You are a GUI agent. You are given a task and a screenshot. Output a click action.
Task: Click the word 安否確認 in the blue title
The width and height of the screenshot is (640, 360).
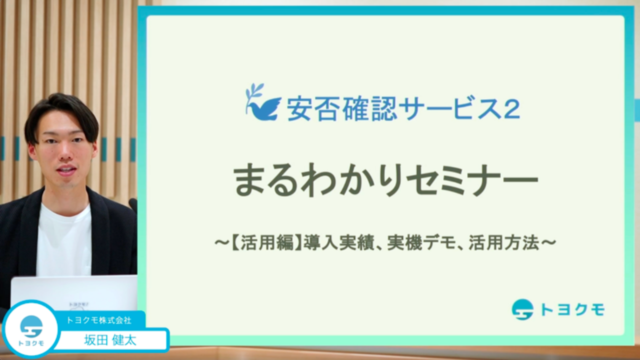(x=341, y=109)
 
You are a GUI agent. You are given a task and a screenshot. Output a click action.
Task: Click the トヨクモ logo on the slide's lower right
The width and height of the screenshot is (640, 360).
(x=558, y=309)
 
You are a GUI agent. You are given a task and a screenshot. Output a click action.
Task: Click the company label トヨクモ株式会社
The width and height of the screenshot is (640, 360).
(x=99, y=320)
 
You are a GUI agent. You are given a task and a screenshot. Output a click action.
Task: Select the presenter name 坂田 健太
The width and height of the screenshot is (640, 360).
(x=110, y=340)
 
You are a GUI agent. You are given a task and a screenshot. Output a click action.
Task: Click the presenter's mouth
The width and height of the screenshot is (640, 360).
(x=66, y=170)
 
